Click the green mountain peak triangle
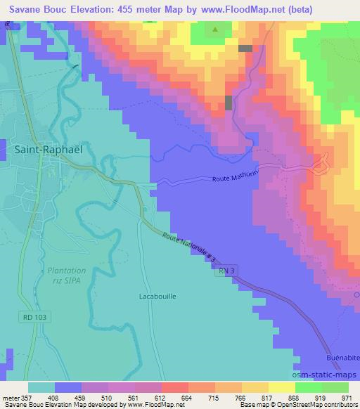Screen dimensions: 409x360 point(215,30)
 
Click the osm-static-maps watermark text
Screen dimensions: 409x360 point(325,372)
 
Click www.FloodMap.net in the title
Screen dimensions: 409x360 point(247,8)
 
